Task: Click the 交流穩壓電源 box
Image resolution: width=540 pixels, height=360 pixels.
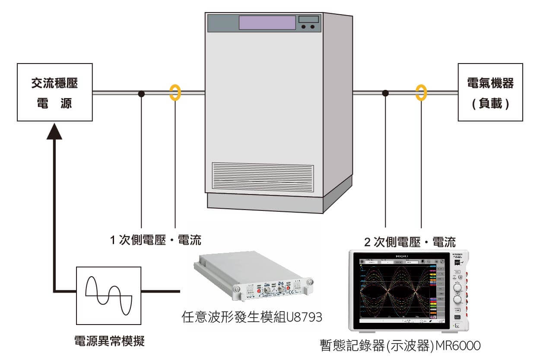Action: tap(54, 92)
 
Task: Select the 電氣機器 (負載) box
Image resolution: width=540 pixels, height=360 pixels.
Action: tap(490, 92)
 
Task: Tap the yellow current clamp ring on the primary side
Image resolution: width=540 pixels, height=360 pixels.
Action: tap(175, 92)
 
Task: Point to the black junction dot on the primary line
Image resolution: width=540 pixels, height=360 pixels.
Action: tap(141, 93)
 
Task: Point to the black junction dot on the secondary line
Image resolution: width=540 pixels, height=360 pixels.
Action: tap(386, 93)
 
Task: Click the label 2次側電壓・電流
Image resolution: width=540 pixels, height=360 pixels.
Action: tap(410, 242)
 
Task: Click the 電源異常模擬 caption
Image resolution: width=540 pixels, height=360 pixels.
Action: tap(109, 342)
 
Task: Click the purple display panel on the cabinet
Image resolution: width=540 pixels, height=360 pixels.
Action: tap(267, 22)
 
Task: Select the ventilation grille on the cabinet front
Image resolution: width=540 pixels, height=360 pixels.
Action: tap(263, 177)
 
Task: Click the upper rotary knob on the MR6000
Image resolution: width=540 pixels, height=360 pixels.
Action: tap(457, 287)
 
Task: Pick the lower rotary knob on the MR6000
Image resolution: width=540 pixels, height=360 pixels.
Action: tap(457, 300)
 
